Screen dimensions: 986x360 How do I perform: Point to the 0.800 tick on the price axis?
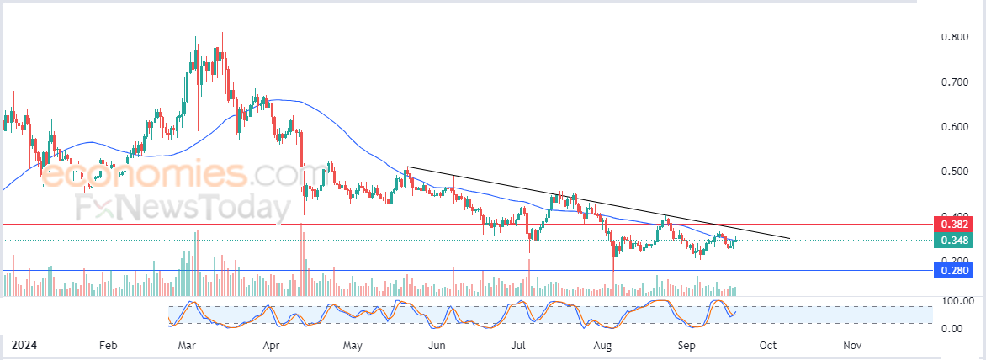coord(955,37)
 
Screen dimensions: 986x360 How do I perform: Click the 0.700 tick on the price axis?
coord(955,82)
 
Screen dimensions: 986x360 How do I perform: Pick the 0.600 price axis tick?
coord(955,126)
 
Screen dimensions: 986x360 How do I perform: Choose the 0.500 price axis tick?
coord(955,171)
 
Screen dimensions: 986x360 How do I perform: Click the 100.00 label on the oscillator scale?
coord(957,301)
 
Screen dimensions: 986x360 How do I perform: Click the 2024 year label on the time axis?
coord(24,345)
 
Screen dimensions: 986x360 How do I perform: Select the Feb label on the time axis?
coord(109,345)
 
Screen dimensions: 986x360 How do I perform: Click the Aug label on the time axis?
coord(602,345)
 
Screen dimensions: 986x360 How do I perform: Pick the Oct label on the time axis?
coord(767,345)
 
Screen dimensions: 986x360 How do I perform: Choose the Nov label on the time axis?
coord(851,345)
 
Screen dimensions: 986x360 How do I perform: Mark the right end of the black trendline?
coord(789,239)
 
